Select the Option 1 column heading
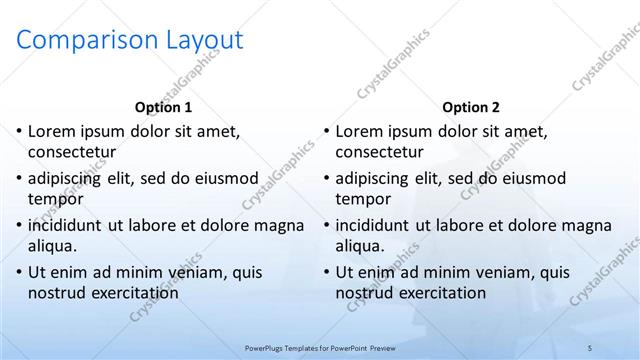(x=163, y=107)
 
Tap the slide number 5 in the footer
(x=590, y=347)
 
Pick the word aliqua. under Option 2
(x=362, y=245)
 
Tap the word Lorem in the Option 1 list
(x=51, y=131)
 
